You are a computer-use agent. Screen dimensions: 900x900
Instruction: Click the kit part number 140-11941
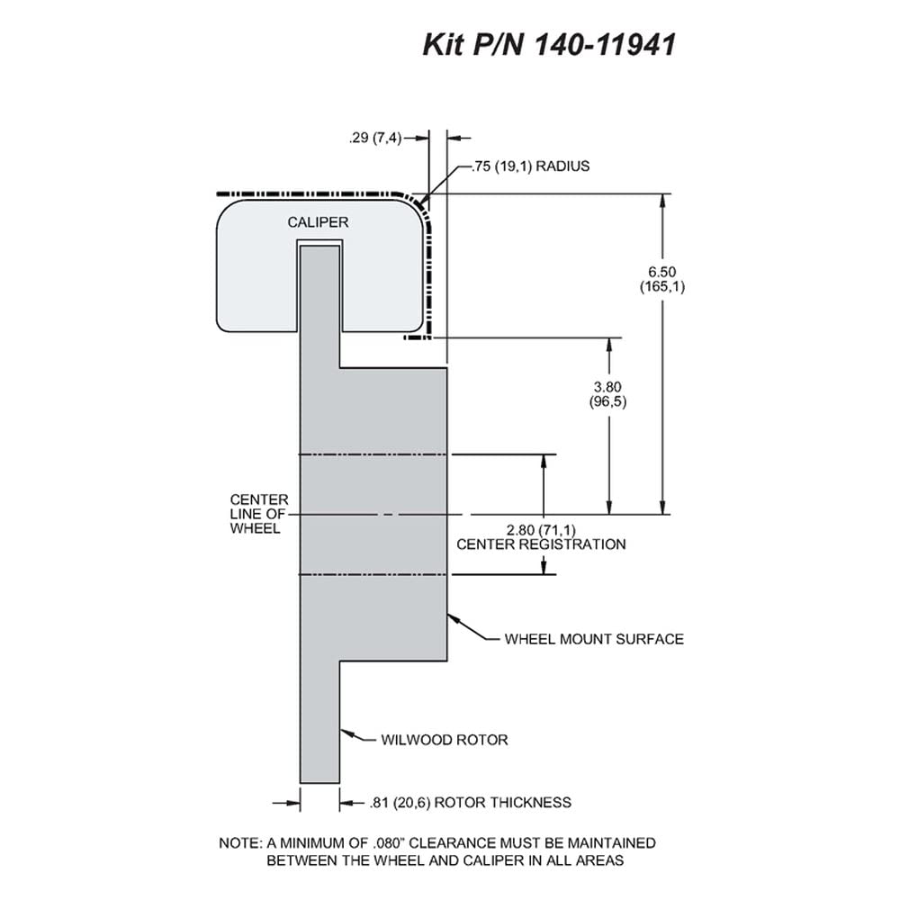tap(606, 45)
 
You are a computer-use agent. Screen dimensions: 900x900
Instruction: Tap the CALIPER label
tap(318, 222)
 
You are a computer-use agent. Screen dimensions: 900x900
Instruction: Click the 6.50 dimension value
tap(662, 272)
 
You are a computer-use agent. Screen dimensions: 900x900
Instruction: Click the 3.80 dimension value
tap(607, 387)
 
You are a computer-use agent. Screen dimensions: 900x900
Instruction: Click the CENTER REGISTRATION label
tap(541, 544)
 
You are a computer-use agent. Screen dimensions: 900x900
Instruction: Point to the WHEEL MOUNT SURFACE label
tap(594, 639)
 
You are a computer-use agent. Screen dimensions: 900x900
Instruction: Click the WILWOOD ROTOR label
tap(445, 740)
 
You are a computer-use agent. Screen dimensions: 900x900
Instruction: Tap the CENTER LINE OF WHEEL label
tap(259, 514)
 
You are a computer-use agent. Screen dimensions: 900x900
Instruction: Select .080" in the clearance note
tap(389, 843)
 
